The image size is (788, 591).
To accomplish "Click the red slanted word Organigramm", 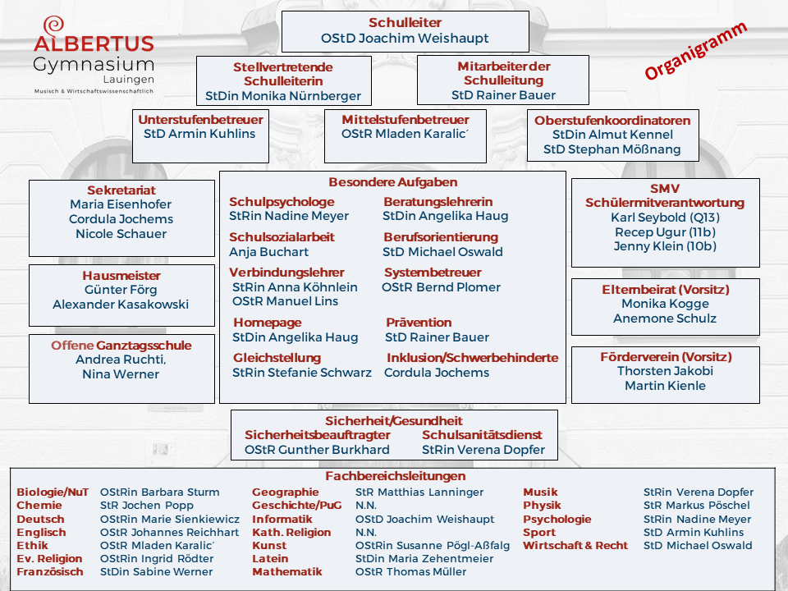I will [x=695, y=51].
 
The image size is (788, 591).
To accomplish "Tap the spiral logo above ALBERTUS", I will [x=54, y=25].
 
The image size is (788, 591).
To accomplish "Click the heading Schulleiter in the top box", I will [x=405, y=23].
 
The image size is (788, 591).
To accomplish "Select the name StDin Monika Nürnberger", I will [x=283, y=96].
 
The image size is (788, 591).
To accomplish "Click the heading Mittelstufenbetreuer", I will [x=405, y=120].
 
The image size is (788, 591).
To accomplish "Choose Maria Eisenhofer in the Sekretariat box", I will [x=121, y=204].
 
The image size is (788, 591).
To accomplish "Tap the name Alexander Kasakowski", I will [x=121, y=305].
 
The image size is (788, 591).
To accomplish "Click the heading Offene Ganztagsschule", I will [x=121, y=346].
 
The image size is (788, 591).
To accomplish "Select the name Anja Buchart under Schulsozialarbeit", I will [x=268, y=252].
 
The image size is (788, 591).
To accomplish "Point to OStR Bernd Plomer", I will [x=441, y=287].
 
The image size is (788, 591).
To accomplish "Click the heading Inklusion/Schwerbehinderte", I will [x=472, y=358].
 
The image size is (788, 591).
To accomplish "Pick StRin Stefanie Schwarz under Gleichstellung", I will [x=302, y=373].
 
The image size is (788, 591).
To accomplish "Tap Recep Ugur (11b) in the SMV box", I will [x=664, y=232].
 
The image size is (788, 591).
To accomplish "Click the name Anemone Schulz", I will [x=665, y=318].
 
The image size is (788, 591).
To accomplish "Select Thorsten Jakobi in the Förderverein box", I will [x=665, y=371].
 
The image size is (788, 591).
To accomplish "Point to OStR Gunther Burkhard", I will [x=317, y=450].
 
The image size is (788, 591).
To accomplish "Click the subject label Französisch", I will [x=50, y=572].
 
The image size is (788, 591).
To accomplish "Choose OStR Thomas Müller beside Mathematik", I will [x=402, y=572].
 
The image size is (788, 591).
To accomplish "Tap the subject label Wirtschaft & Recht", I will [x=575, y=546].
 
